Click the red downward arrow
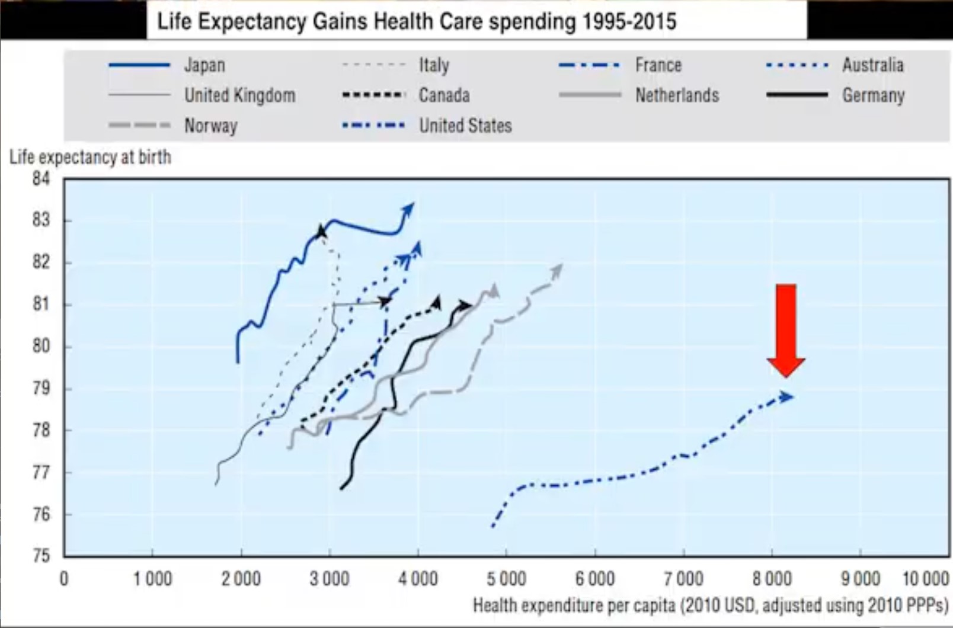pos(786,329)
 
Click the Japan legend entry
pos(204,65)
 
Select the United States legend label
pos(465,126)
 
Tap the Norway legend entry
pos(210,126)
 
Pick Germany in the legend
pos(873,95)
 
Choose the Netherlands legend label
pos(677,95)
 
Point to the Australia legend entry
pos(872,65)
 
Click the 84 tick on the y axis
pos(41,178)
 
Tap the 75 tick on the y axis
pos(41,556)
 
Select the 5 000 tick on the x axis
pos(506,578)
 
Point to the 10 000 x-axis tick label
pos(925,578)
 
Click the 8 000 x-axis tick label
pos(772,578)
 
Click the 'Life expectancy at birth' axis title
pos(90,157)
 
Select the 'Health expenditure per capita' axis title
pos(710,605)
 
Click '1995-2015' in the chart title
pos(629,22)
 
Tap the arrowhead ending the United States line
pos(786,396)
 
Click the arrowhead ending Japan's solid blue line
pos(408,209)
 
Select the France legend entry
pos(658,65)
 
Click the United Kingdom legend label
pos(239,95)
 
